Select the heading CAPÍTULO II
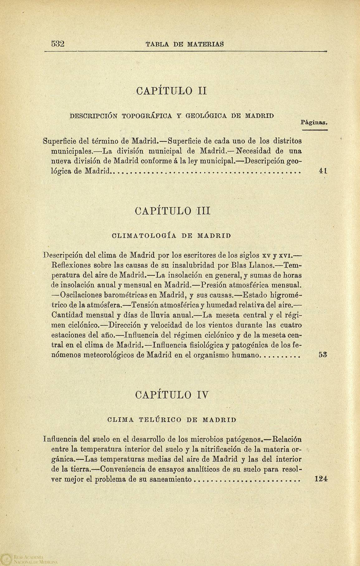point(172,92)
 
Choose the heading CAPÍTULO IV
point(172,395)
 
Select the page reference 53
point(322,355)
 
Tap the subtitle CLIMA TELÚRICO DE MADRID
point(172,420)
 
